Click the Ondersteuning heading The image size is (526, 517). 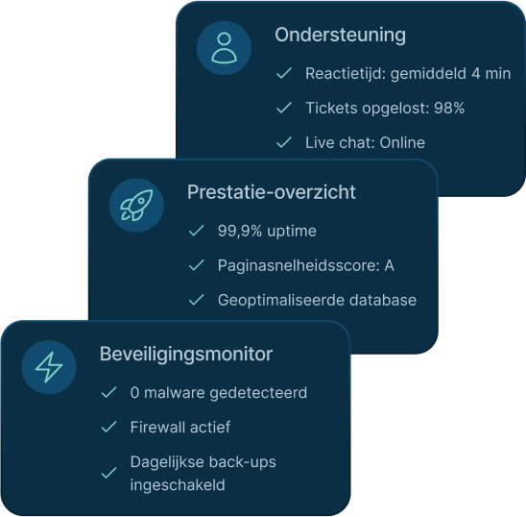[x=340, y=35]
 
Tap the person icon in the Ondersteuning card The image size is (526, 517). [x=224, y=48]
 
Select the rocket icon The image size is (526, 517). [x=136, y=206]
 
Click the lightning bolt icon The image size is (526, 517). [x=49, y=367]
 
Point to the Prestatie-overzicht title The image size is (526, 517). [x=272, y=192]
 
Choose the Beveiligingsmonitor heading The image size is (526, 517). [x=186, y=354]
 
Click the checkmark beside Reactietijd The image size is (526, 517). [x=284, y=73]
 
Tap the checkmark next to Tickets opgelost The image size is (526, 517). [x=284, y=108]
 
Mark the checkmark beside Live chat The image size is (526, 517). [x=284, y=142]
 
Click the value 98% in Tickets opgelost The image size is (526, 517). [x=449, y=108]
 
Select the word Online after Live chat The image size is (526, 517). [x=402, y=142]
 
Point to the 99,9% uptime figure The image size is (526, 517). [x=267, y=232]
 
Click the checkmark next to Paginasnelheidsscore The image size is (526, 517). [x=196, y=265]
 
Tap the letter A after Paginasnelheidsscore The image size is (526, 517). [x=389, y=266]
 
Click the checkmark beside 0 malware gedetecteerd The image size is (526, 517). [x=108, y=392]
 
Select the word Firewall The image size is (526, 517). [x=157, y=428]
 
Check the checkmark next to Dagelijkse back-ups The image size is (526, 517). [x=108, y=473]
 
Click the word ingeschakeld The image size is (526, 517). [x=178, y=485]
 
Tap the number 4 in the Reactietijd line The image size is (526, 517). [x=476, y=74]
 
